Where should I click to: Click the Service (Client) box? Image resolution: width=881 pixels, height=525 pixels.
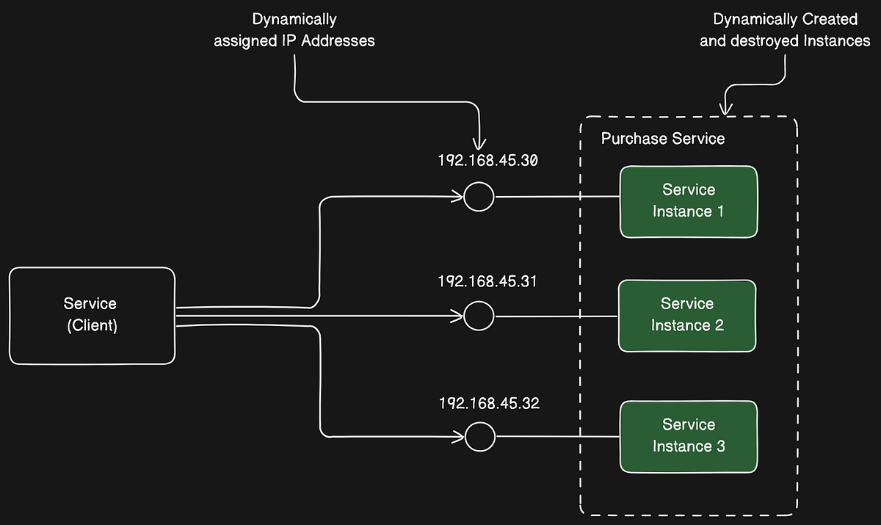[x=92, y=316]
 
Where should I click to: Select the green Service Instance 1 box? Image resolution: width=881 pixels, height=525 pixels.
[x=688, y=201]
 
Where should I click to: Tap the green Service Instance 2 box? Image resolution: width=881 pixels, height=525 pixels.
[x=687, y=315]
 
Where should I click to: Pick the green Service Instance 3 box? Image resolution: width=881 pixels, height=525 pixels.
[x=688, y=436]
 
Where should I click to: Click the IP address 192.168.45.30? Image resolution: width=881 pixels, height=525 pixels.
[x=488, y=160]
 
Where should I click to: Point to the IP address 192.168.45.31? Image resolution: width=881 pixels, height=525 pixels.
[x=488, y=281]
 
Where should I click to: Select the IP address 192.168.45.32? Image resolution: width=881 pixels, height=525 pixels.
[x=489, y=403]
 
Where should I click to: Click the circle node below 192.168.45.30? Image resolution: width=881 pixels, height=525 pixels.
[x=479, y=197]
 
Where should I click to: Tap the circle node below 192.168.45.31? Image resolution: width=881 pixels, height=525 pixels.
[x=479, y=316]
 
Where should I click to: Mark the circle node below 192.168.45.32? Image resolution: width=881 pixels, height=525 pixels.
[x=479, y=437]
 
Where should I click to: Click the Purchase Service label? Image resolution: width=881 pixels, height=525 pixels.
[x=662, y=139]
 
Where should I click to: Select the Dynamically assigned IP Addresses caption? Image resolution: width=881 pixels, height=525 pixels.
[x=294, y=30]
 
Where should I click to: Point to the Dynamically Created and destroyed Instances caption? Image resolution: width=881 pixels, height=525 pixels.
[x=785, y=30]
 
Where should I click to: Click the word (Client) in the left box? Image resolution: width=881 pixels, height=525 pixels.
[x=92, y=326]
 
